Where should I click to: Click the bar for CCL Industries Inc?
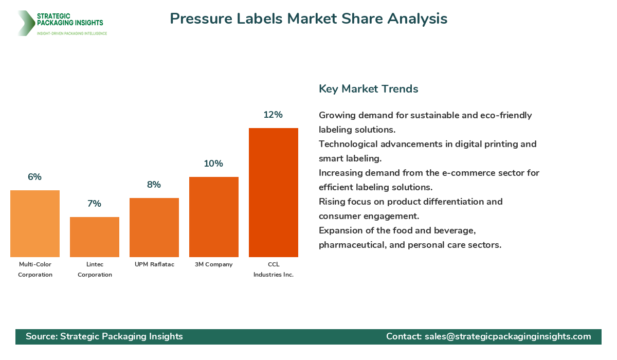(x=274, y=192)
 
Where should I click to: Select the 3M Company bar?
(x=214, y=217)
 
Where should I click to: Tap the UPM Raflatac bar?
(x=154, y=227)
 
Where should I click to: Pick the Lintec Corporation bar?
(x=95, y=237)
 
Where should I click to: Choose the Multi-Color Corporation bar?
(x=35, y=224)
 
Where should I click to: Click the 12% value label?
(x=273, y=115)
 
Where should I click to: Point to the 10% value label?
(x=213, y=164)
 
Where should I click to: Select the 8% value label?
(x=154, y=185)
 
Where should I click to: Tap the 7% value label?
(x=94, y=204)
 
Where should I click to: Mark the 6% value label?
(x=34, y=177)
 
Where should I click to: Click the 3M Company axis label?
(x=214, y=264)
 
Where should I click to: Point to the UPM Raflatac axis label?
(x=154, y=264)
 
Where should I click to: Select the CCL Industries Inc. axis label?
(x=274, y=269)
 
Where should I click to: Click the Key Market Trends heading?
(x=368, y=88)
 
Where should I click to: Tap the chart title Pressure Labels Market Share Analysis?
(x=308, y=19)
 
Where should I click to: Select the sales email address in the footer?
(x=507, y=336)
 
